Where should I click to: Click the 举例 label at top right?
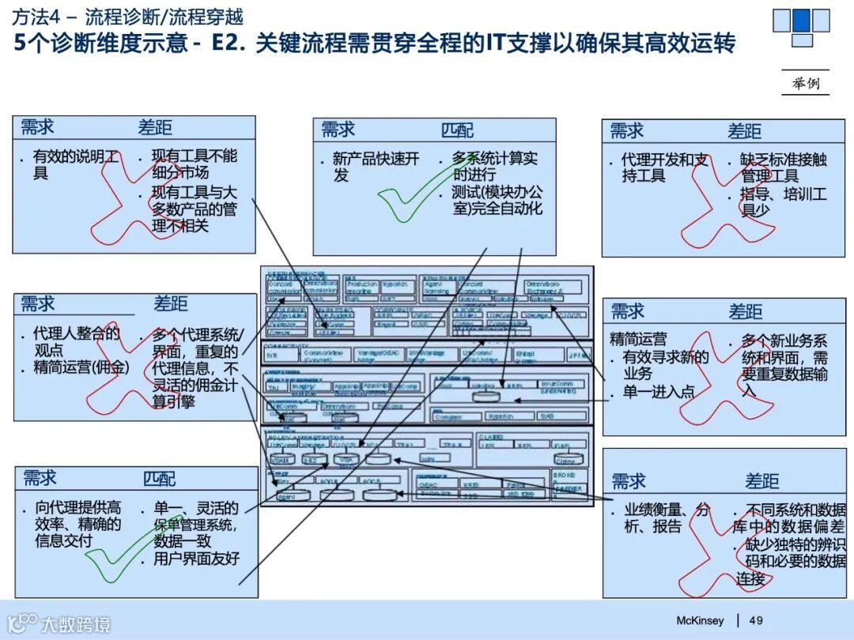pos(805,83)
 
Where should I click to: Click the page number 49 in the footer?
pos(756,620)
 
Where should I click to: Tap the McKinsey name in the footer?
pos(700,620)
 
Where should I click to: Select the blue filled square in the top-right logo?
pos(801,20)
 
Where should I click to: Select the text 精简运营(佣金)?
pos(81,367)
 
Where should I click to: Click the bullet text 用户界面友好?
pos(195,559)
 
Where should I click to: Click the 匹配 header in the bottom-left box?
pos(160,479)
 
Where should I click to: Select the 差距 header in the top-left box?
pos(155,128)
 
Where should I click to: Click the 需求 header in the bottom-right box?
pos(629,481)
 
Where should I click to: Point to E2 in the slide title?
pos(230,43)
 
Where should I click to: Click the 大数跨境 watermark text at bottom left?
pos(77,624)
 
